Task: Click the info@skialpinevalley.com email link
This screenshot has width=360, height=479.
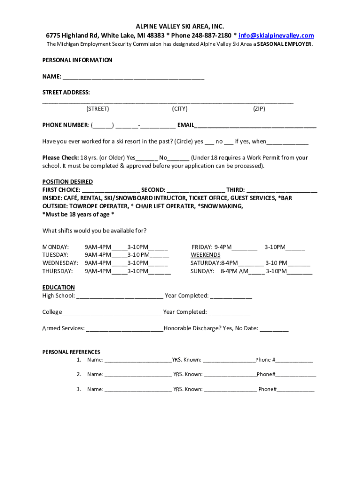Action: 276,36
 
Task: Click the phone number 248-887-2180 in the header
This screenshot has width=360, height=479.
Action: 211,36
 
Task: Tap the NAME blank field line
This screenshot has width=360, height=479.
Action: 133,77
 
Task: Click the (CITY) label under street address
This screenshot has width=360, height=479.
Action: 180,109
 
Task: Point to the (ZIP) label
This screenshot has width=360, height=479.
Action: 259,109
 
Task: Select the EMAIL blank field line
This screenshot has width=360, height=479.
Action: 255,125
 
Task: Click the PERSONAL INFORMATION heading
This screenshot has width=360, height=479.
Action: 77,60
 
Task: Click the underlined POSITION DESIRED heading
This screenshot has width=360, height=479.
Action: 67,181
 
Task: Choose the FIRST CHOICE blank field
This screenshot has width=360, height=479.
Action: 110,190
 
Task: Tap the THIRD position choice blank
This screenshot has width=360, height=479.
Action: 282,190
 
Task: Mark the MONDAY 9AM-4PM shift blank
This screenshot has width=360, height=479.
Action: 119,247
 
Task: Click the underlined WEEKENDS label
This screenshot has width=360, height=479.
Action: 205,255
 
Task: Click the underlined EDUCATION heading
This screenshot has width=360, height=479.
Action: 58,287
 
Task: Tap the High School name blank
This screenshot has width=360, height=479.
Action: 120,296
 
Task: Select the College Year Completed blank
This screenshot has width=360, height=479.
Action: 229,312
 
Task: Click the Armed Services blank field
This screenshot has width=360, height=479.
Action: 124,329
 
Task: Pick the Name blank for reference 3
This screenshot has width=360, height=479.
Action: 138,390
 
